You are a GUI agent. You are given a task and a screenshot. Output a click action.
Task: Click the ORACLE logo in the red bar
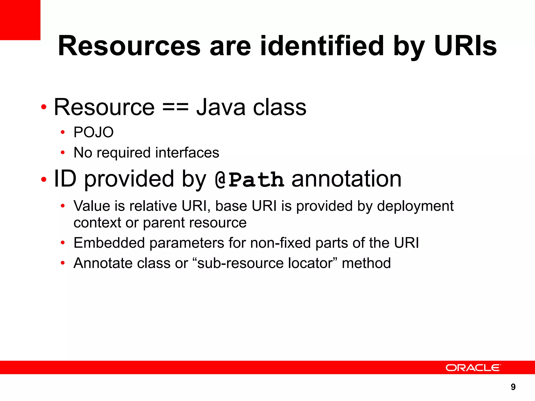click(473, 368)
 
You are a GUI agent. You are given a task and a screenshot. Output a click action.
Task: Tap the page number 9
click(513, 387)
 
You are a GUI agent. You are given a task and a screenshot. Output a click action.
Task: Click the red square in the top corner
click(20, 20)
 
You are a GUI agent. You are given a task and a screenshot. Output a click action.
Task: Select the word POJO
click(94, 132)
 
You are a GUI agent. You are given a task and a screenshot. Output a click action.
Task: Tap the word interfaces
click(187, 152)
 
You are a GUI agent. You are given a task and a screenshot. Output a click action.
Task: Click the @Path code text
click(249, 180)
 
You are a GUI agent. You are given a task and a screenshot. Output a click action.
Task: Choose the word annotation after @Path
click(346, 179)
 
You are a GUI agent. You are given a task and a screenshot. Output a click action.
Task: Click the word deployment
click(415, 206)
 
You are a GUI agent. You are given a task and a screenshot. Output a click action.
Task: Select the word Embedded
click(109, 243)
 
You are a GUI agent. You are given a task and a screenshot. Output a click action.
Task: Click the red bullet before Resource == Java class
click(44, 107)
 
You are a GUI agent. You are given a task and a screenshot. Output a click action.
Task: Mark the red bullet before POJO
click(62, 132)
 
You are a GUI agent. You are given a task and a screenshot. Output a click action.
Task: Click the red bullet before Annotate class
click(62, 263)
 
